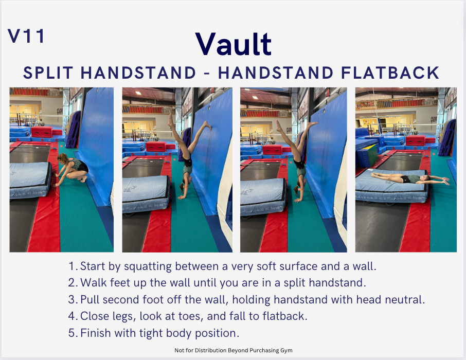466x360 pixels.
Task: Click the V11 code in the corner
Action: [26, 36]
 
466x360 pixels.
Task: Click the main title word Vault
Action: [234, 44]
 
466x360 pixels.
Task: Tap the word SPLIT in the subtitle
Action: [48, 73]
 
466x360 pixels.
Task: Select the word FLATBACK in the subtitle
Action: [390, 73]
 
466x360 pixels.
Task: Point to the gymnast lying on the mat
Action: [410, 178]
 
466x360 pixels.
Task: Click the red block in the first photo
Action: [42, 132]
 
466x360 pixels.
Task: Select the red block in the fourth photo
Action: [415, 140]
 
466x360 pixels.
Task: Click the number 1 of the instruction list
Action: [71, 266]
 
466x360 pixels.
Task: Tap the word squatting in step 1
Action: [148, 266]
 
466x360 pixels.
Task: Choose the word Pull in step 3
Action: [89, 299]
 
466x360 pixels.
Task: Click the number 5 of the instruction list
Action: [71, 333]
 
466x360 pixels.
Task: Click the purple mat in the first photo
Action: [73, 129]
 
